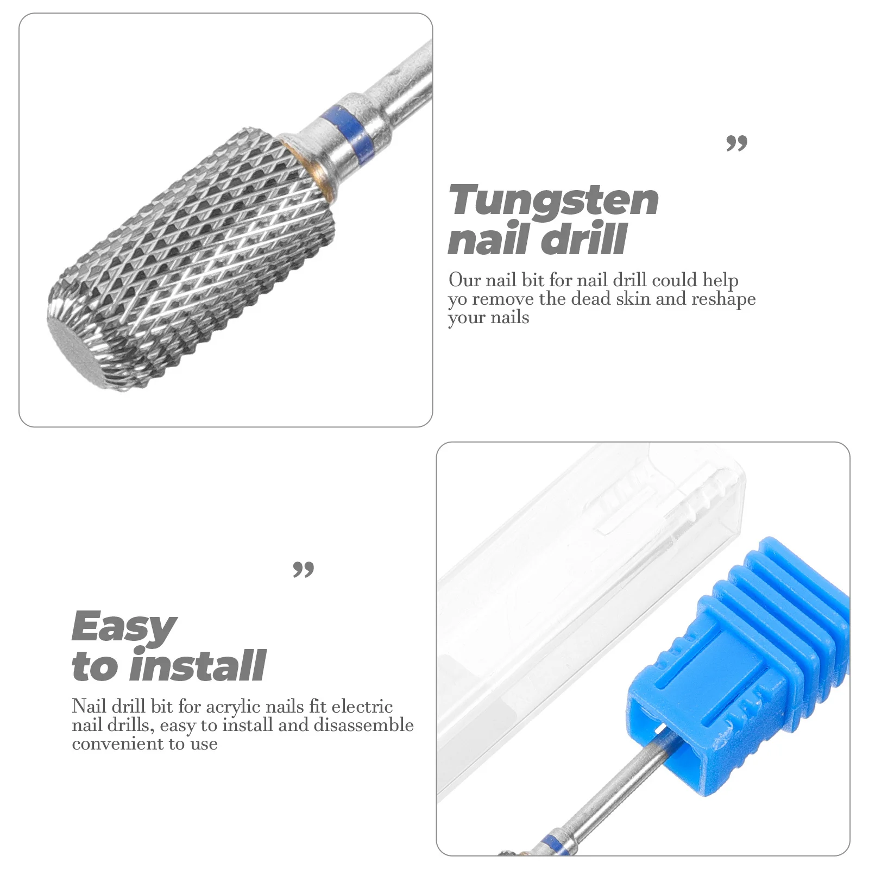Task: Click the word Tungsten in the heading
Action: tap(553, 201)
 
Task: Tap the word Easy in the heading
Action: tap(124, 627)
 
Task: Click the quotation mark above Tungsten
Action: tap(736, 143)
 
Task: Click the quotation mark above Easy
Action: tap(303, 570)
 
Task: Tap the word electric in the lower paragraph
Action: tap(362, 707)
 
